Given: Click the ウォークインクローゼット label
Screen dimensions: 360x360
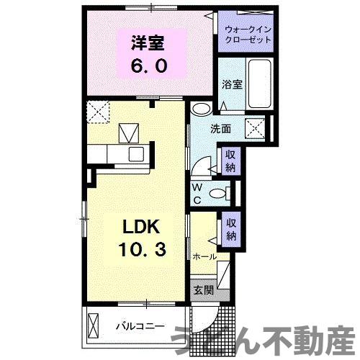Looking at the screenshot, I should point(248,34).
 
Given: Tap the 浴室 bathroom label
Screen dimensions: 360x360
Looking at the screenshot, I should point(232,84).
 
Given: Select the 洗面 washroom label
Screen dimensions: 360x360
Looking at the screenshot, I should point(220,130).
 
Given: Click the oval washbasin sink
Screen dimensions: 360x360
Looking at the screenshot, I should point(202,110).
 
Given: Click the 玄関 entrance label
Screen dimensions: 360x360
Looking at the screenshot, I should point(202,290).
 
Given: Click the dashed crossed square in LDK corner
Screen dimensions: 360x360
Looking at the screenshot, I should point(97,112).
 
